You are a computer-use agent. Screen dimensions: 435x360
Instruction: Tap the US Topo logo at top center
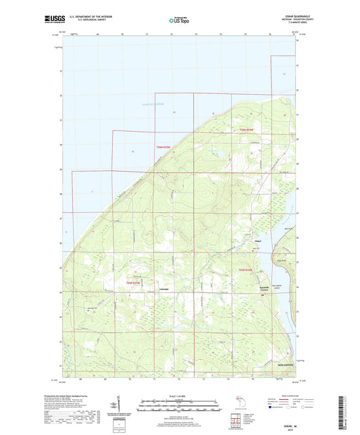(177, 20)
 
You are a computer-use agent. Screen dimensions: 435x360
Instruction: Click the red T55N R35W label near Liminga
(134, 282)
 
